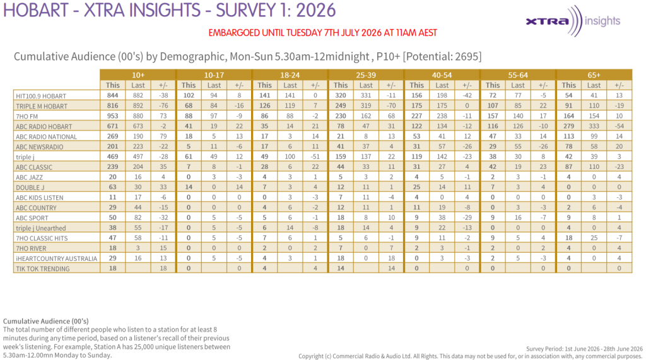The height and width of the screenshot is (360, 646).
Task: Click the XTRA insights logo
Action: (x=573, y=21)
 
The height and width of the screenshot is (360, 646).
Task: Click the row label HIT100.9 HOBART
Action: (x=41, y=96)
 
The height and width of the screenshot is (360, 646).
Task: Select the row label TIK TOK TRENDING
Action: (x=42, y=269)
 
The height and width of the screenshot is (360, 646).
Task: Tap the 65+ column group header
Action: (x=594, y=75)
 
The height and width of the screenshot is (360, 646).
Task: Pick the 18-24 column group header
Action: (x=290, y=75)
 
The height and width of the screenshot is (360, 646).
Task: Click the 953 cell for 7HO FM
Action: (x=112, y=116)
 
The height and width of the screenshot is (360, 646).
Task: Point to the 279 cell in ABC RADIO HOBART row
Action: (x=568, y=126)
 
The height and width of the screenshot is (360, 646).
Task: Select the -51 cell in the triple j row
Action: (x=315, y=156)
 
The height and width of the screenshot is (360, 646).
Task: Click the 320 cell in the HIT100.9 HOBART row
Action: (x=340, y=96)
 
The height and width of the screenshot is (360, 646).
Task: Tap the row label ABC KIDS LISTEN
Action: (x=40, y=198)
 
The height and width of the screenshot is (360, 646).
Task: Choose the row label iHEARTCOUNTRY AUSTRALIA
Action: (x=56, y=258)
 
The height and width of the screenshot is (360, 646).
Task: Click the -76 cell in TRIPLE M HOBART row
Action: (x=163, y=106)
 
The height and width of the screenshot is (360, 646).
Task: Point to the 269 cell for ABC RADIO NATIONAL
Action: (x=112, y=136)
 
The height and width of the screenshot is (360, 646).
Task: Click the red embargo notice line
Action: (x=322, y=33)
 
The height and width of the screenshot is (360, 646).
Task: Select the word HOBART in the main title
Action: (x=35, y=10)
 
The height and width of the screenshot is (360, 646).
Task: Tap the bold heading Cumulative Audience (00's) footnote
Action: (x=45, y=322)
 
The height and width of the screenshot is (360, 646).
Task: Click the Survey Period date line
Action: (x=584, y=349)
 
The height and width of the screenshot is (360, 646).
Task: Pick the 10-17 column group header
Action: (x=214, y=75)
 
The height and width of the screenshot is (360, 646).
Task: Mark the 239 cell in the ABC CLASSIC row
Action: (x=112, y=167)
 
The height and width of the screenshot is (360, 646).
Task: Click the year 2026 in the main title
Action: (x=316, y=10)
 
